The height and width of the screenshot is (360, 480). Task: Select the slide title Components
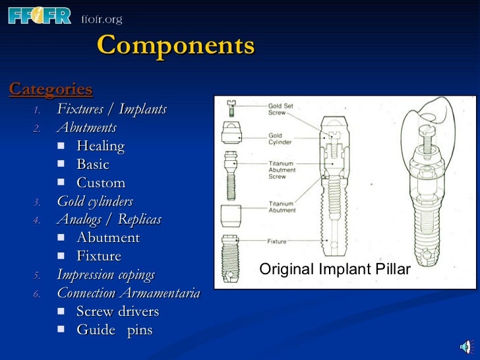coord(175,46)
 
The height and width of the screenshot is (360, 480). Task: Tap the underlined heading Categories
coord(51,89)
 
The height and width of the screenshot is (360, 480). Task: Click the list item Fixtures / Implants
coord(111,109)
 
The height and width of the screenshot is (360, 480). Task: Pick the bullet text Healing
coord(100,146)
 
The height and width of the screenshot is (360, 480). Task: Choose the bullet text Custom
coord(100,183)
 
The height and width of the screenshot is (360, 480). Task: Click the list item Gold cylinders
coord(95,201)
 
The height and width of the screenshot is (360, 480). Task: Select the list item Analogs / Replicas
coord(109,219)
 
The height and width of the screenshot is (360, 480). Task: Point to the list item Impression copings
coord(105,274)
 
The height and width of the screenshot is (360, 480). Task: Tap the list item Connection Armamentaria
coord(128,293)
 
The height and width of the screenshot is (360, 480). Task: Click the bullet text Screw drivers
coord(117,311)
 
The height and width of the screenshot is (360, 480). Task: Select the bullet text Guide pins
coord(114,330)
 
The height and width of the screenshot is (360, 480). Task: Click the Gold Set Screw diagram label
coord(280,109)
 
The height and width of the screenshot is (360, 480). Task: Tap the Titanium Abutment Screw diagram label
coord(282,169)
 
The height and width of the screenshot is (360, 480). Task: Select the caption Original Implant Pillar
coord(335,270)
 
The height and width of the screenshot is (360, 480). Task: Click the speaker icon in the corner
coord(465,347)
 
